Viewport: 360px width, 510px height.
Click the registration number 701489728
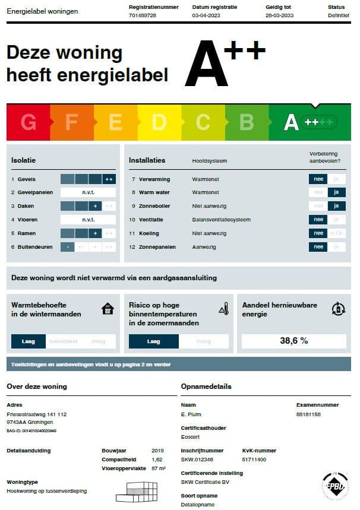142,15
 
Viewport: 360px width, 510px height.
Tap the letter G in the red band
28,122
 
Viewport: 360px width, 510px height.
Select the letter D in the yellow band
159,122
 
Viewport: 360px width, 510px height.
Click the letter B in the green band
247,122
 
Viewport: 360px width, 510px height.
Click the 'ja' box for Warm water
337,192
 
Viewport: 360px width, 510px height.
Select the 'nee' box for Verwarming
318,179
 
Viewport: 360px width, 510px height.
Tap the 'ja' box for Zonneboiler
337,206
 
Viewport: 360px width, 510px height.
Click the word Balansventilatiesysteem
221,220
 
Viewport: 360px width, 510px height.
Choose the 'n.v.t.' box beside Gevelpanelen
88,192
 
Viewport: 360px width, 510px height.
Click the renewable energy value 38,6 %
294,341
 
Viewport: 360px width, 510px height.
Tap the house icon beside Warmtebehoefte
108,309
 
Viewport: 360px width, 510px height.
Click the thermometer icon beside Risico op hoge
223,309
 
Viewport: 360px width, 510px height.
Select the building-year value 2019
157,451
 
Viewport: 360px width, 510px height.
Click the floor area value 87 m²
158,469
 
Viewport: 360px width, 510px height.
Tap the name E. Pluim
192,414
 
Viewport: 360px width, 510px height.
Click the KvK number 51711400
254,460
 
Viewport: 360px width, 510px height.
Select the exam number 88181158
308,414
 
